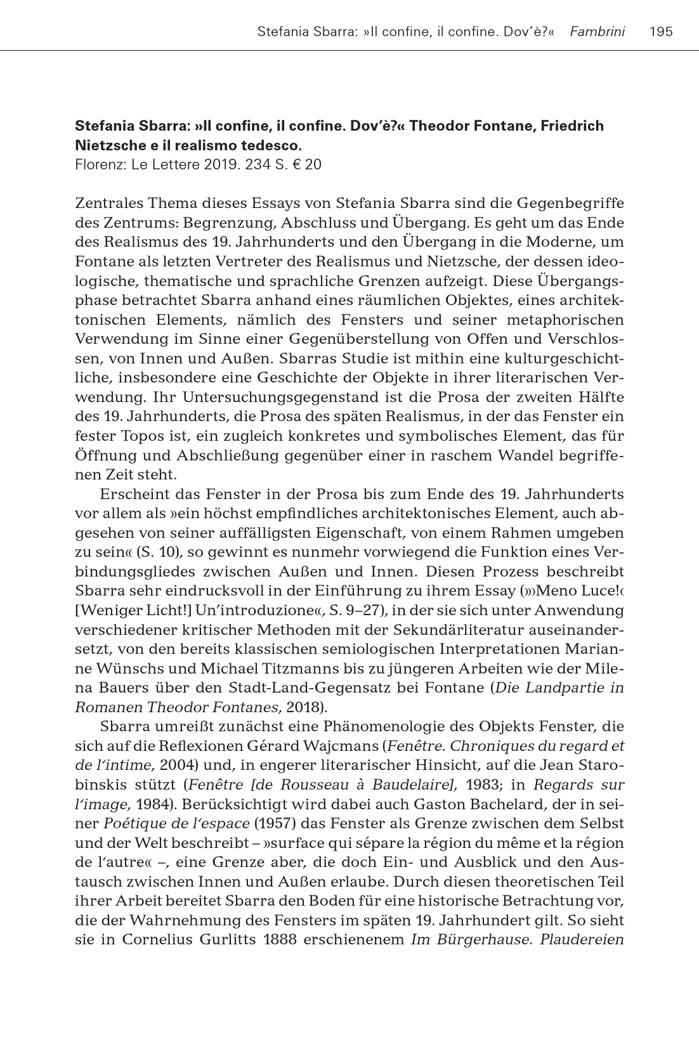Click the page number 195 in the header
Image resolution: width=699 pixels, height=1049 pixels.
(662, 31)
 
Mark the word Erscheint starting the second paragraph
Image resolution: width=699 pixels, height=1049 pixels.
(133, 494)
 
